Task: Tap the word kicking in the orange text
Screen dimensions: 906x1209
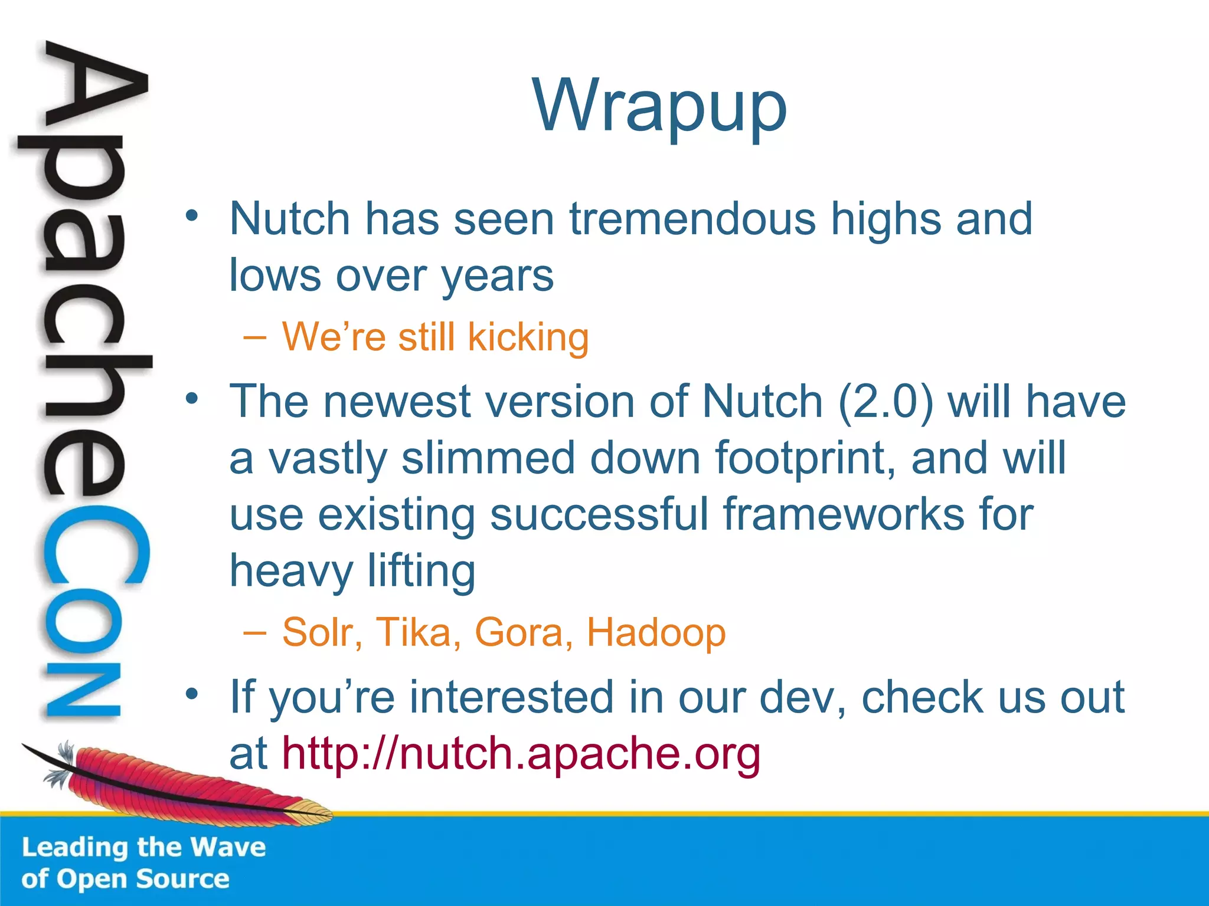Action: point(528,338)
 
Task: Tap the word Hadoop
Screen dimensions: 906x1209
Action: point(656,633)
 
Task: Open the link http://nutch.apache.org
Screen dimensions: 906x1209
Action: point(521,754)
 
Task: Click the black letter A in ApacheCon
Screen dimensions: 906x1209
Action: point(94,88)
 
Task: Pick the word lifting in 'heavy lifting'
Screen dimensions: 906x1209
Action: point(421,571)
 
